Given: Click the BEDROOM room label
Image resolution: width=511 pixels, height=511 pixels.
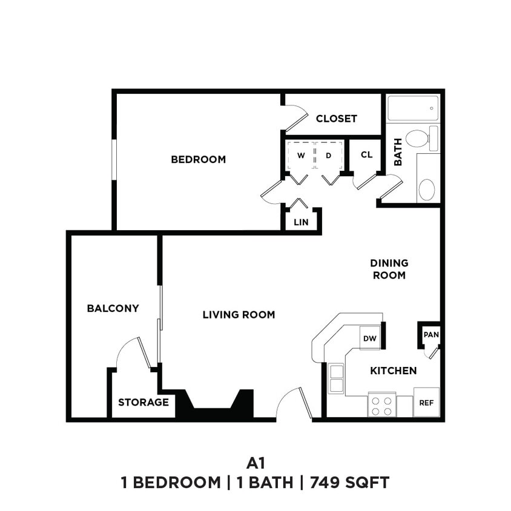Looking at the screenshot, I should (x=198, y=160).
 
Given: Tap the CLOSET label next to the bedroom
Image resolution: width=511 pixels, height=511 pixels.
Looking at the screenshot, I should (x=336, y=119).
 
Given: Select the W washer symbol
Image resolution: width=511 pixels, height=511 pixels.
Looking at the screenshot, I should (x=300, y=155).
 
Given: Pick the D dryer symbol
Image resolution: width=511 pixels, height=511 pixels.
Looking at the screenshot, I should (x=329, y=155).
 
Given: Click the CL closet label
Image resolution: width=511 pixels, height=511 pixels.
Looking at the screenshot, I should (x=366, y=154).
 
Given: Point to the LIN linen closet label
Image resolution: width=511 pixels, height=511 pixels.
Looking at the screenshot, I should (x=301, y=222).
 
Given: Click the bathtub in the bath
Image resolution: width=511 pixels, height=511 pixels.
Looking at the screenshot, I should (x=412, y=109).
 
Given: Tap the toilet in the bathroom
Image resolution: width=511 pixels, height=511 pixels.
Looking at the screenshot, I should (x=421, y=138).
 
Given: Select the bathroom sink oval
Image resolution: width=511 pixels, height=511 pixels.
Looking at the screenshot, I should (x=427, y=189).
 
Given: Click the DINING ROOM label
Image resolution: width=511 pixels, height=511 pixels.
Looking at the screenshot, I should (x=389, y=269).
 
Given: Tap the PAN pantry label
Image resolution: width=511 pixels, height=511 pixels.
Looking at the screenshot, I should (x=430, y=335).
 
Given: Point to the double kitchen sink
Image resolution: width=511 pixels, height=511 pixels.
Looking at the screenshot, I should (x=336, y=378).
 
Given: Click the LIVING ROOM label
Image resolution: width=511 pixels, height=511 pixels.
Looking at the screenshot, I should (x=239, y=315).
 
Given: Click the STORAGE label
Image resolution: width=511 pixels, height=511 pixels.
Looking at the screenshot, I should (x=143, y=403).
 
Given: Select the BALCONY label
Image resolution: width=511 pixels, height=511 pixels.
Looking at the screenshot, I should (x=113, y=308).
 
